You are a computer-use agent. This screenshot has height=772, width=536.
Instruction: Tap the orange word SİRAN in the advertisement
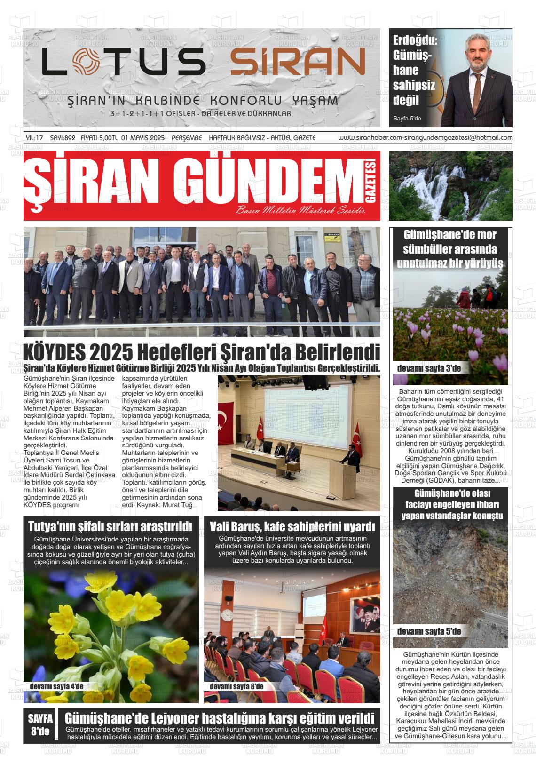coord(298,62)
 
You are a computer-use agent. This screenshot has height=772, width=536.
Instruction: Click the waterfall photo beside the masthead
coord(450,185)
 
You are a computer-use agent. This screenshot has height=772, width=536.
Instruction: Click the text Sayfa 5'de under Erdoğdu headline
coord(407,119)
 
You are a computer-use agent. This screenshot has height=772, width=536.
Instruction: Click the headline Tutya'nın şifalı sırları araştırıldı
coord(110,526)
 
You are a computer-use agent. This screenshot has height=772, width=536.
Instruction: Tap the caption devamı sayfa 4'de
coord(56,686)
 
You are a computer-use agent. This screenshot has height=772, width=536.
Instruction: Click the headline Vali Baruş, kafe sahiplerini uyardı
coord(292,526)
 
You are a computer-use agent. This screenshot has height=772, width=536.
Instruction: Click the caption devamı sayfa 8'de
coord(236,686)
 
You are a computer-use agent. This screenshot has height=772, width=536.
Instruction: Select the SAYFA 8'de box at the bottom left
coord(40,725)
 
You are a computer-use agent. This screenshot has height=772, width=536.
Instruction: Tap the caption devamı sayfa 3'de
coord(429,369)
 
